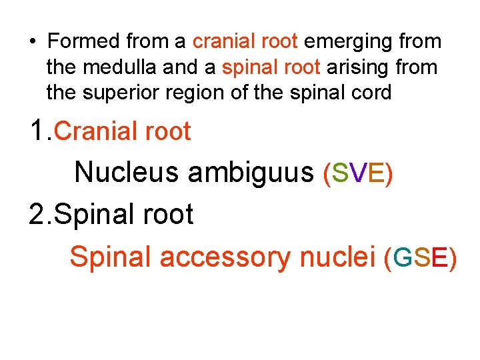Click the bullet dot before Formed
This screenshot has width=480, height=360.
coord(32,42)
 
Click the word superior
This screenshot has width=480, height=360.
coord(119,93)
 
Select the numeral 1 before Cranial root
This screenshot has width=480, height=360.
coord(37,132)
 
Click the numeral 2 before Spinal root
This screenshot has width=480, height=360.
coord(37,215)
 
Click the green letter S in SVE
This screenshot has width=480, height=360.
coord(339,173)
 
